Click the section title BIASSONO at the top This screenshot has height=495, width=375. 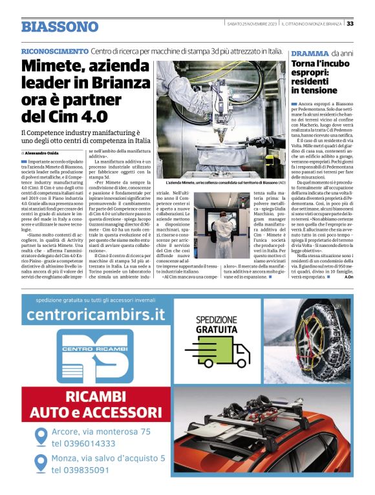coord(59,26)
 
